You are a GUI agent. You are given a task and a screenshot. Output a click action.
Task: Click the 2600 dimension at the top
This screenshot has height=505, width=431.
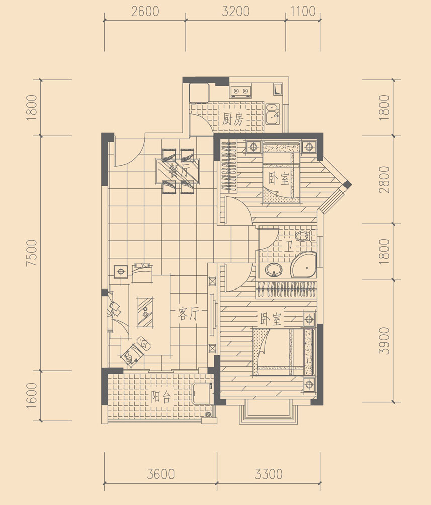[x=145, y=11]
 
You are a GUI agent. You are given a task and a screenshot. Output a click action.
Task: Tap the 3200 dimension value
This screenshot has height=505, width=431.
[x=236, y=11]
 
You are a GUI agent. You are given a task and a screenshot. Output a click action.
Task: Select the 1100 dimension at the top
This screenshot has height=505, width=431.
[x=303, y=11]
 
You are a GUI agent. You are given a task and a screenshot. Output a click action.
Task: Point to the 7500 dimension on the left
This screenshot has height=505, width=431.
[x=32, y=253]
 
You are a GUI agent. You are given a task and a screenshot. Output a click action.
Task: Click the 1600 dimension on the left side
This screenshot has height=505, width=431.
[x=32, y=396]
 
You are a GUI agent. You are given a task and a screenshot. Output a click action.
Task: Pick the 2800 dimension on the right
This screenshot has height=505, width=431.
[x=384, y=179]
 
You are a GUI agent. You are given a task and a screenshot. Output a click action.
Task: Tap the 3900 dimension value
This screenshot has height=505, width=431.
[x=384, y=341]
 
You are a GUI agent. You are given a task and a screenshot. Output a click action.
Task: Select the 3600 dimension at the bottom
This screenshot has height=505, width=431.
[x=161, y=474]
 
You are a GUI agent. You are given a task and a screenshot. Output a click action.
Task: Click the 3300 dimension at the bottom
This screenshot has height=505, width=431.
[x=269, y=474]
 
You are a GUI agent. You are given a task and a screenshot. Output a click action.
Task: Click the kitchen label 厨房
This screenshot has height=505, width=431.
[x=232, y=119]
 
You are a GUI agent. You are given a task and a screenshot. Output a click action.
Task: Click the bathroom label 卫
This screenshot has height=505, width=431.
[x=288, y=246]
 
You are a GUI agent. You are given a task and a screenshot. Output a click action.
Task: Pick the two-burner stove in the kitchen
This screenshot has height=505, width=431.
[x=240, y=91]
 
